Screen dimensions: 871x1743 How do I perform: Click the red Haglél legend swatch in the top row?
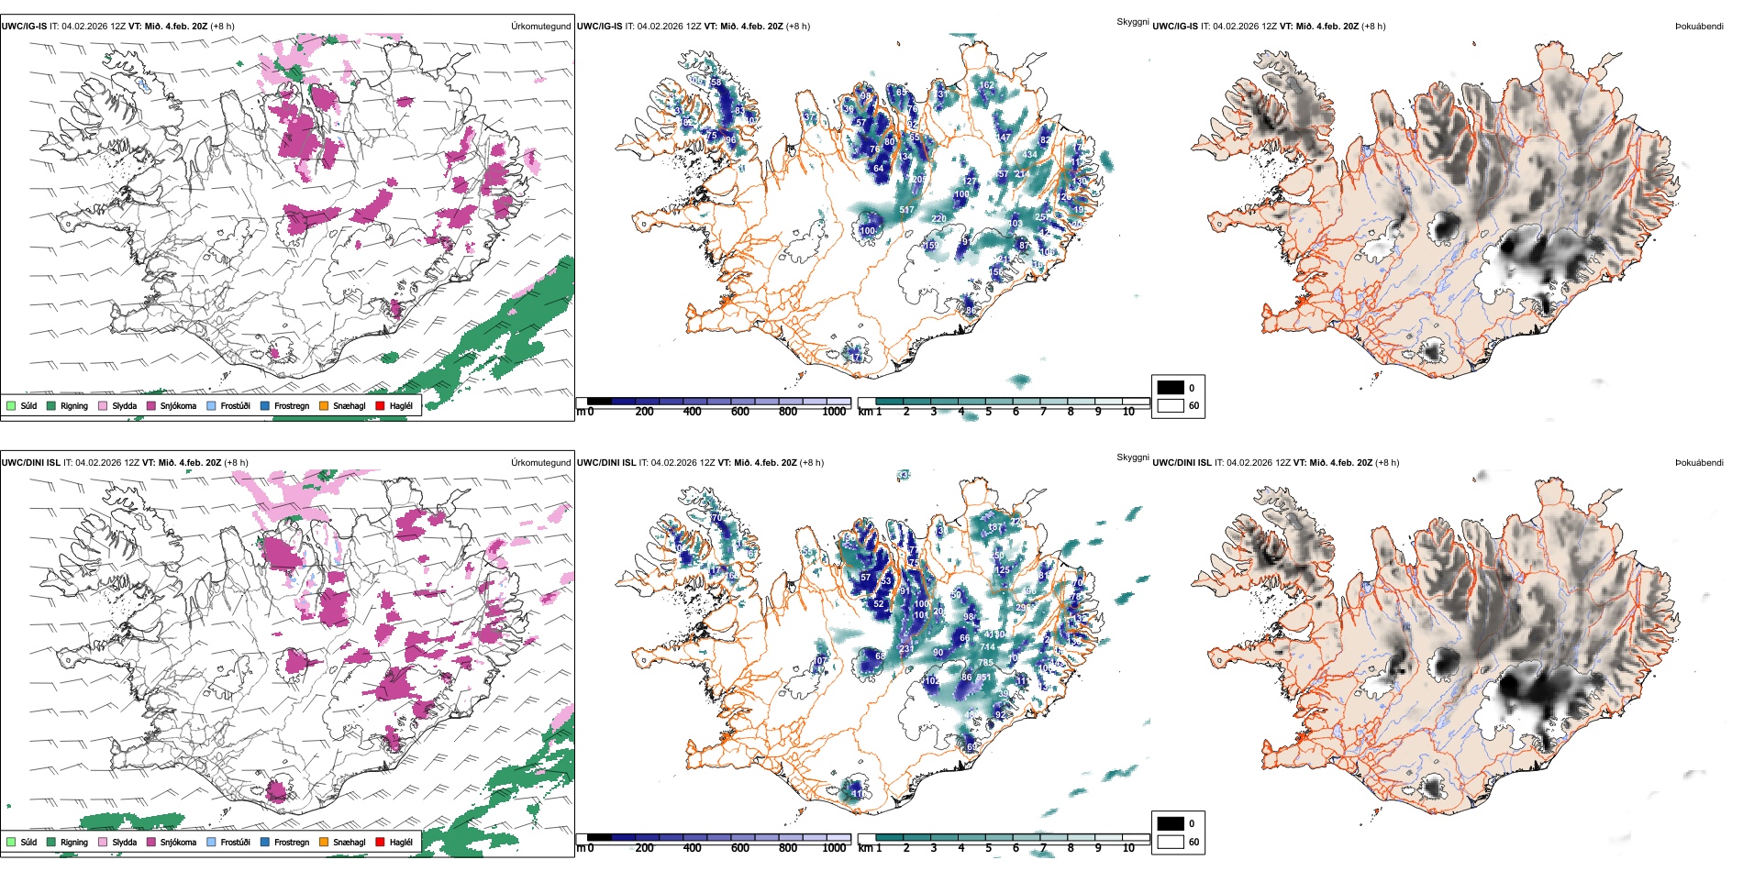click(x=380, y=405)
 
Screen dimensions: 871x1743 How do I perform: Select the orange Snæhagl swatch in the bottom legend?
click(x=324, y=842)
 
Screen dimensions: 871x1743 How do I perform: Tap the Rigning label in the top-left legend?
click(x=74, y=405)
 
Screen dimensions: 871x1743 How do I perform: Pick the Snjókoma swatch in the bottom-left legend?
click(x=151, y=842)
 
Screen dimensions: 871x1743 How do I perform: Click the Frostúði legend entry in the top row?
click(x=235, y=405)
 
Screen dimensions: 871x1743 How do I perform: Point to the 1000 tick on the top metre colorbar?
click(x=834, y=412)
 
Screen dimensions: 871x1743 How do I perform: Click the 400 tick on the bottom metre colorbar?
click(x=692, y=848)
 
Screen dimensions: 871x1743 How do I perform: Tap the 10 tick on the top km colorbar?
click(x=1128, y=412)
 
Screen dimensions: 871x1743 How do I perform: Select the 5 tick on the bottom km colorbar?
click(x=988, y=848)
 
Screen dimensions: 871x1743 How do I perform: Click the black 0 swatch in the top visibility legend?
click(x=1171, y=388)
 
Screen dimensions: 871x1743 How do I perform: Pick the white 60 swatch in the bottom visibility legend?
click(x=1171, y=842)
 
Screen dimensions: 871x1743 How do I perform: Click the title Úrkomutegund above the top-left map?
click(x=540, y=27)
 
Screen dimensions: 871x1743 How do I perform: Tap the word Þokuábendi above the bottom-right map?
click(x=1699, y=463)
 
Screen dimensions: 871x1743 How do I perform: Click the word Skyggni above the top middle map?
click(x=1132, y=21)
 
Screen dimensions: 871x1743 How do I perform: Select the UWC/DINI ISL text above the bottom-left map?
click(x=30, y=463)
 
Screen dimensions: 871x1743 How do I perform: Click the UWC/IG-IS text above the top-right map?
click(x=1175, y=27)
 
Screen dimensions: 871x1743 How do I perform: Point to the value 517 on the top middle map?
click(x=906, y=211)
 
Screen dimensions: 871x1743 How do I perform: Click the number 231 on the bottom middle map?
click(x=906, y=649)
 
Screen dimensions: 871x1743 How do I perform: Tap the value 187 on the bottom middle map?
click(x=994, y=528)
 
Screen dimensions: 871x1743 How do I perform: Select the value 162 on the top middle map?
click(x=986, y=85)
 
